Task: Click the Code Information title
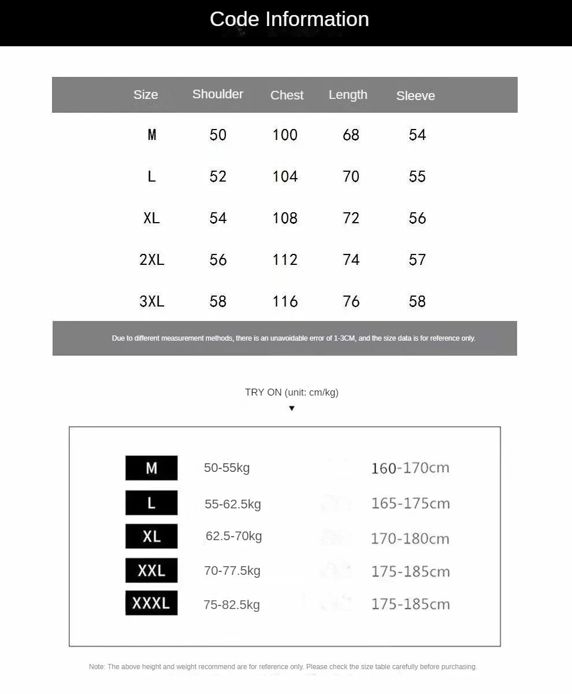pos(289,19)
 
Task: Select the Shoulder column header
pos(218,94)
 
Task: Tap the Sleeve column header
pos(415,96)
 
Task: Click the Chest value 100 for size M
pos(285,135)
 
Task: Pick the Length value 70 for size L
pos(351,176)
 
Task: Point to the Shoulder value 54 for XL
pos(218,218)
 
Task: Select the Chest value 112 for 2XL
pos(285,260)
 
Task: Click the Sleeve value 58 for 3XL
pos(417,301)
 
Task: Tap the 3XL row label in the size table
pos(151,301)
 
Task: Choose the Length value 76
pos(351,301)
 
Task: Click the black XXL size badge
pos(151,571)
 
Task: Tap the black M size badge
pos(151,468)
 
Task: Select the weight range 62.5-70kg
pos(233,536)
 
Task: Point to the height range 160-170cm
pos(410,468)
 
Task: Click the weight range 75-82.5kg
pos(231,605)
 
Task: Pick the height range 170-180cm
pos(410,538)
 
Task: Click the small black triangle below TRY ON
pos(292,408)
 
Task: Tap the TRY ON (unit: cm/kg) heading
pos(291,392)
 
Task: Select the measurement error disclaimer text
pos(294,338)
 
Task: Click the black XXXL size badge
pos(151,603)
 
